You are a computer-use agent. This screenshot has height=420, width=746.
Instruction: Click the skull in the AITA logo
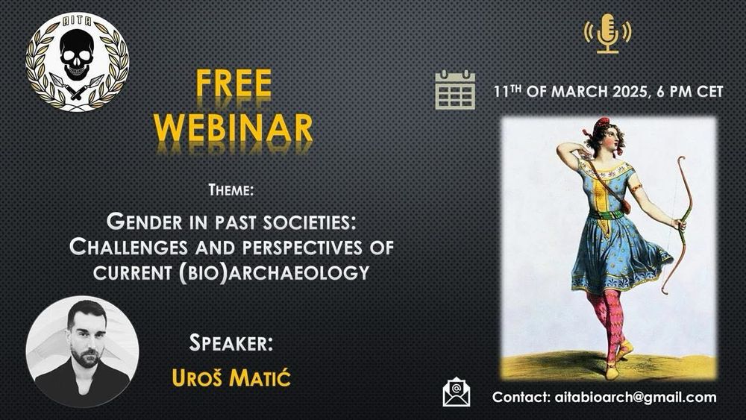click(77, 54)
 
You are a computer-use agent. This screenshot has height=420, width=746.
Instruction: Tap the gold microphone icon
click(607, 34)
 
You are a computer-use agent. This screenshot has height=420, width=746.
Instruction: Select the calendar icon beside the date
click(455, 90)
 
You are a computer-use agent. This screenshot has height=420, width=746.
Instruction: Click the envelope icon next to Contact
click(457, 392)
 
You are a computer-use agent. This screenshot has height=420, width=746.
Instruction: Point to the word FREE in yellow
click(233, 84)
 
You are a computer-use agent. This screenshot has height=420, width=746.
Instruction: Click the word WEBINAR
click(233, 127)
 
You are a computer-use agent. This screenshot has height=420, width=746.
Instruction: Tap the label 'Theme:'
click(231, 190)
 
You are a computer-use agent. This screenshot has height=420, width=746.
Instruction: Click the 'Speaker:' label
click(231, 342)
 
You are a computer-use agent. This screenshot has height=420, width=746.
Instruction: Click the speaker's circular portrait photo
click(82, 351)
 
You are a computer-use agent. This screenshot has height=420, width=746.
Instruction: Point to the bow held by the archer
click(677, 224)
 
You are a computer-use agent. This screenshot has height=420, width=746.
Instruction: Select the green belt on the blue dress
click(606, 215)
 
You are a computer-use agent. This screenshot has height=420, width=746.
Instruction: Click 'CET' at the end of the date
click(710, 91)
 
